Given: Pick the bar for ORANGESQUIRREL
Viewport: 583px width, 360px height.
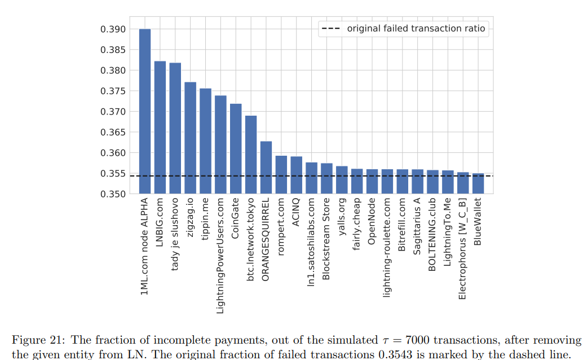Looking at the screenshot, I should pos(266,168).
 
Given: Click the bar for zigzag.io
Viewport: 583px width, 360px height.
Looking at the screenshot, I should pos(191,138).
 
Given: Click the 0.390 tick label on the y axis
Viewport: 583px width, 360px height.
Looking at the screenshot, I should pos(113,29).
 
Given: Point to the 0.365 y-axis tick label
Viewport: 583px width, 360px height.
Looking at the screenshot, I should pos(113,133).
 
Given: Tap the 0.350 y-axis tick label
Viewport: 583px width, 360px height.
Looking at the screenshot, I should pos(113,194).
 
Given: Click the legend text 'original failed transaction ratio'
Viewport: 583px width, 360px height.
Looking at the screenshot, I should pos(416,29).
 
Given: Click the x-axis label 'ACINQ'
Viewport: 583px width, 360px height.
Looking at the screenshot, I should pos(296,212).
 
